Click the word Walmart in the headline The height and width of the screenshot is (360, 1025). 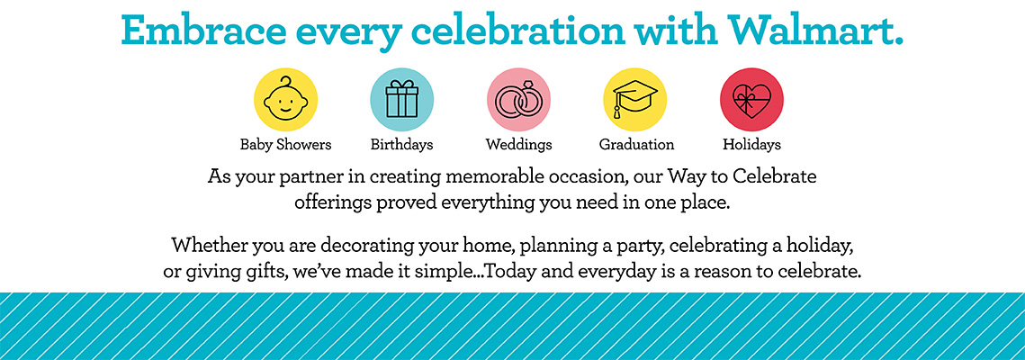pyautogui.click(x=816, y=29)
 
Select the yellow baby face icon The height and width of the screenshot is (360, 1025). pyautogui.click(x=285, y=100)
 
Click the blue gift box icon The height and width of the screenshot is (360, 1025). pyautogui.click(x=402, y=100)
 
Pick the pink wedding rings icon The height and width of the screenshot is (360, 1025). pyautogui.click(x=518, y=100)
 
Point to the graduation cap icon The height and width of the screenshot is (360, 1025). pyautogui.click(x=634, y=100)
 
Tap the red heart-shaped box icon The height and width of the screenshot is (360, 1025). pyautogui.click(x=751, y=100)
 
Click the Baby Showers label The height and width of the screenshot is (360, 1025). pyautogui.click(x=285, y=144)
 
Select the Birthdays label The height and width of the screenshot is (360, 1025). pyautogui.click(x=402, y=144)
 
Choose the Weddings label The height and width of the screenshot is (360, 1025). pyautogui.click(x=518, y=144)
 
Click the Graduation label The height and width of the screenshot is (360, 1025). pyautogui.click(x=637, y=144)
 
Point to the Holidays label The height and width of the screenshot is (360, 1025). pyautogui.click(x=751, y=144)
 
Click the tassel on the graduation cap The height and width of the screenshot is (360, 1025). pyautogui.click(x=616, y=109)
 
